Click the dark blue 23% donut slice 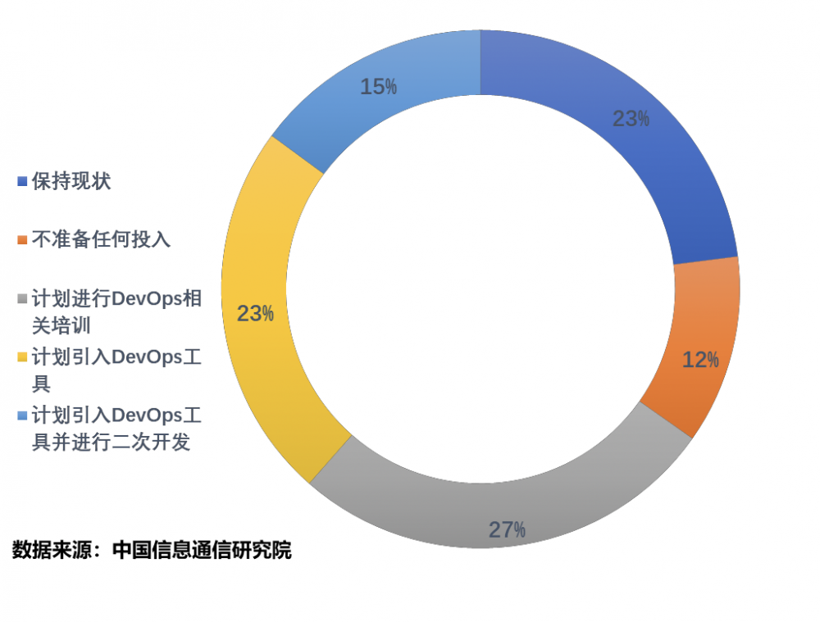[656, 164]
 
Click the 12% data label [700, 360]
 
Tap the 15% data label [379, 87]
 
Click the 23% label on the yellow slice [255, 314]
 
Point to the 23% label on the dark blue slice [631, 119]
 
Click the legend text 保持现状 [71, 181]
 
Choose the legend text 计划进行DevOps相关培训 [115, 311]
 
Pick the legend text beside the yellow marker [115, 370]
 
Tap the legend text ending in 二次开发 [115, 428]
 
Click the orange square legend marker [22, 240]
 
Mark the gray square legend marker [22, 298]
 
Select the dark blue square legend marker [22, 182]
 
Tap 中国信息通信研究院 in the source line [202, 550]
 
